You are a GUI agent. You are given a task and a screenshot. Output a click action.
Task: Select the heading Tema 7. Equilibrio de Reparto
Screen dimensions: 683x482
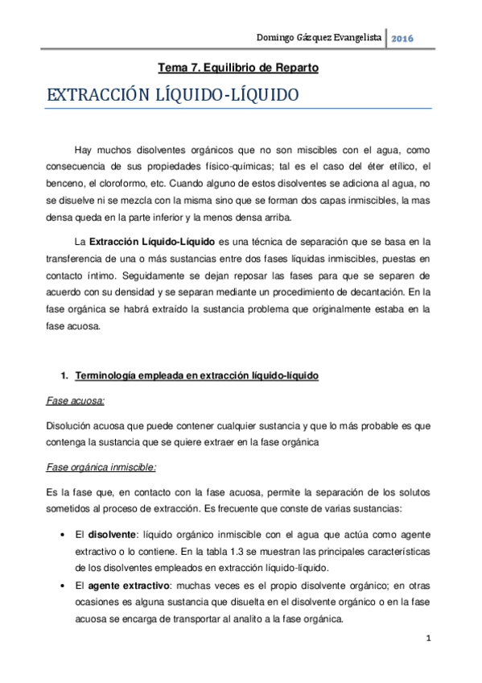click(239, 68)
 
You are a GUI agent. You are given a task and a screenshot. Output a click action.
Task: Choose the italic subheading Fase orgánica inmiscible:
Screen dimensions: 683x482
click(101, 467)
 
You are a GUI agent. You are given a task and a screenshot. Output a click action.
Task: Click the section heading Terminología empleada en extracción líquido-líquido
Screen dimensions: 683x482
click(197, 376)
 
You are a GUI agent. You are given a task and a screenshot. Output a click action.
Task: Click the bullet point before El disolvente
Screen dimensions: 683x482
click(63, 535)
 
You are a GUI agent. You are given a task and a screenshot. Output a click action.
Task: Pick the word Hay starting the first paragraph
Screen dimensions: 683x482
click(83, 151)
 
